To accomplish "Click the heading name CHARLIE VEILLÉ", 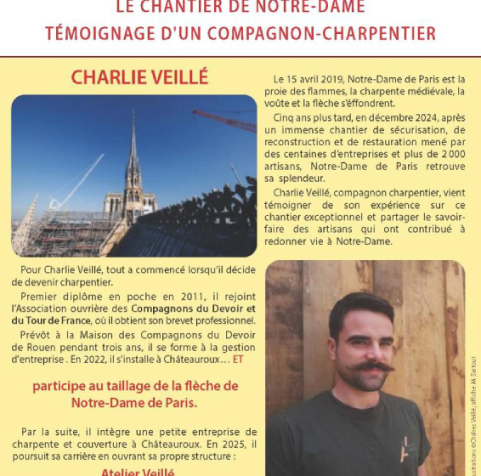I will click(139, 77).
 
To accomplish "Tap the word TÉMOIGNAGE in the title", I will click(94, 34).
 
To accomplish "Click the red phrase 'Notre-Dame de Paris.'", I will click(133, 401).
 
